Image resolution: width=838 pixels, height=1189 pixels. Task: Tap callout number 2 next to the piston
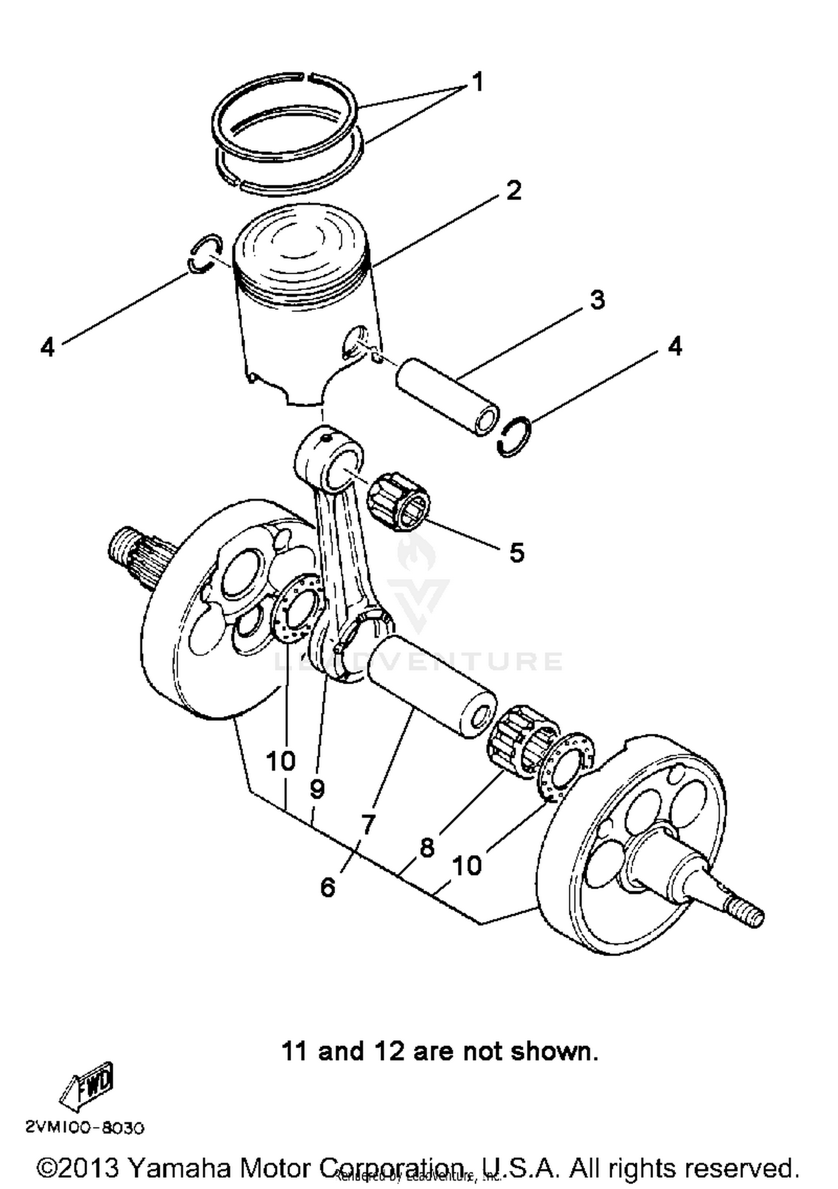[x=513, y=191]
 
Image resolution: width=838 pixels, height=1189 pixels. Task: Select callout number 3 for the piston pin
[x=597, y=300]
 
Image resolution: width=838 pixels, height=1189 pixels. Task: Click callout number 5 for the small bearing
[x=517, y=552]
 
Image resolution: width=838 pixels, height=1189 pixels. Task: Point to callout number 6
[x=328, y=886]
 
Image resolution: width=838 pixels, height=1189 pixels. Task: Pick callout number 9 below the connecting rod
[x=317, y=789]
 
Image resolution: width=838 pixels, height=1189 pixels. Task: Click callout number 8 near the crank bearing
[x=426, y=848]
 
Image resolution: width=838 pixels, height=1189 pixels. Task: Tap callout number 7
[x=367, y=824]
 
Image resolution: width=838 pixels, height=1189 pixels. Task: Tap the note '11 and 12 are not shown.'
[x=440, y=1051]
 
